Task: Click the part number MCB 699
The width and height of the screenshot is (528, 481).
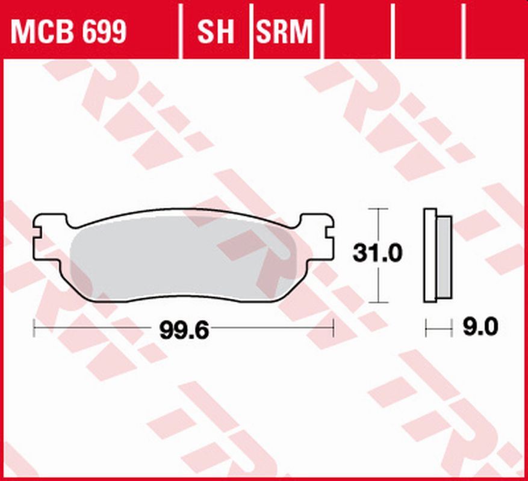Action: (68, 32)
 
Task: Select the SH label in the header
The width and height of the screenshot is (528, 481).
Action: (216, 32)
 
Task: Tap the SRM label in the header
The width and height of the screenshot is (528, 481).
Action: (285, 32)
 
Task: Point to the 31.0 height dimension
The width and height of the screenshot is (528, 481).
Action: (377, 254)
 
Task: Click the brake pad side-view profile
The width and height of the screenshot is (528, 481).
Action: (436, 255)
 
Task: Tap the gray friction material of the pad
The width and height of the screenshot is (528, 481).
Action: (181, 259)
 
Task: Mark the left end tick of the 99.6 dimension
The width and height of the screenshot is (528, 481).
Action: (34, 328)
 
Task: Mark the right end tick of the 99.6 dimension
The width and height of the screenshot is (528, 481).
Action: (333, 328)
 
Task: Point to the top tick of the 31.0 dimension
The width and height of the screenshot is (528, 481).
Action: (377, 209)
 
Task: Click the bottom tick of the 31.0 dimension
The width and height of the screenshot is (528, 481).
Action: (377, 302)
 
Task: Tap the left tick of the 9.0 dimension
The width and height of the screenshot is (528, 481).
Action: (426, 328)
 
